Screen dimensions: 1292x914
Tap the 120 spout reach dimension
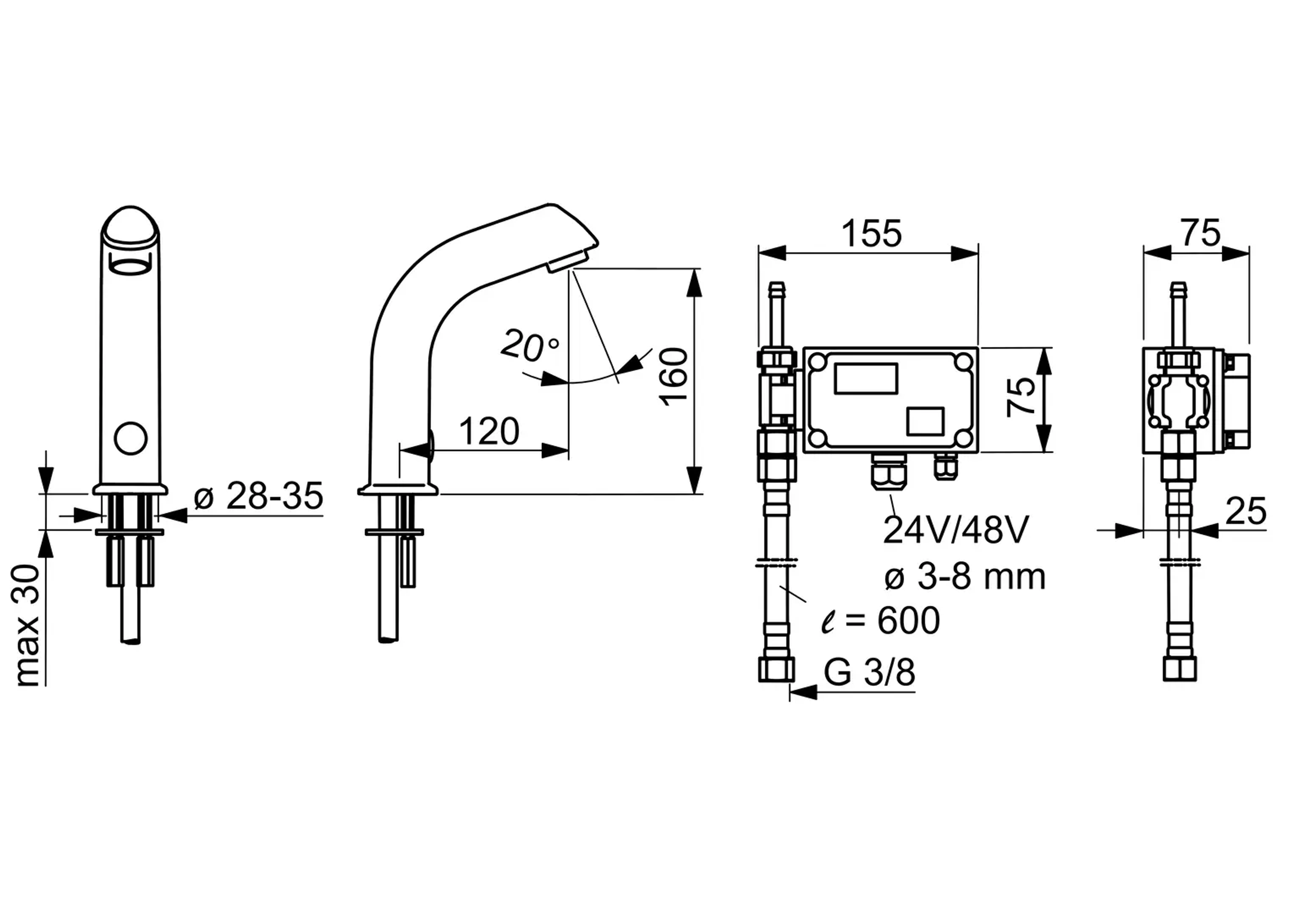tap(489, 432)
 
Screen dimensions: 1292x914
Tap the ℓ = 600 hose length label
tap(881, 621)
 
